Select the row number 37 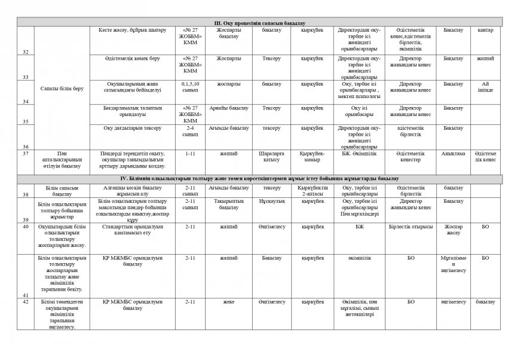(25, 154)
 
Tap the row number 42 (25, 302)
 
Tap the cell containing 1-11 (190, 154)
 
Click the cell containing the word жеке (228, 302)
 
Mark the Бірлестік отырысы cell (411, 227)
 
